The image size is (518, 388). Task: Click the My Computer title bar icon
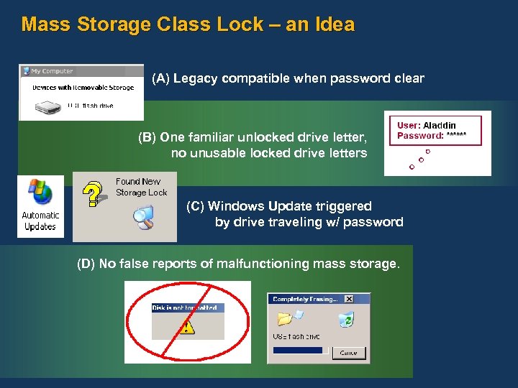(x=26, y=71)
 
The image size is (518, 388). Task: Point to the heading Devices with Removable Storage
(x=83, y=88)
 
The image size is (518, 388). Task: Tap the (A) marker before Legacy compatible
(x=161, y=78)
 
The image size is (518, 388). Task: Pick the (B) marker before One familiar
(x=147, y=137)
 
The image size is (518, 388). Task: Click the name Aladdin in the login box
(x=440, y=126)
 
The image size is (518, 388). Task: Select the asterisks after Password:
(x=456, y=136)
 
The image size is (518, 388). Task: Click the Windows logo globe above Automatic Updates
(x=40, y=193)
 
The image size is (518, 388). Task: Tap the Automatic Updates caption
(x=40, y=221)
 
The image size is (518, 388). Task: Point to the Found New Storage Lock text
(x=141, y=187)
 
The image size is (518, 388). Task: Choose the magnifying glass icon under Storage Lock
(x=144, y=217)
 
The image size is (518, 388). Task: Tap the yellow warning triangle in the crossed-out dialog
(x=187, y=328)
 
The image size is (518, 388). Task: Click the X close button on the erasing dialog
(x=349, y=299)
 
